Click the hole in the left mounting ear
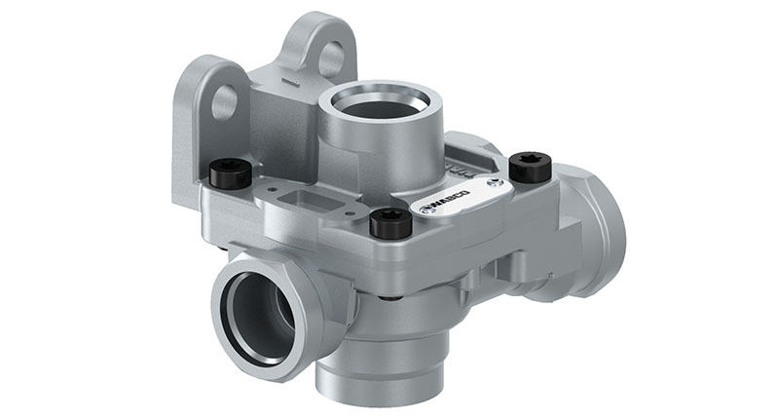tap(225, 98)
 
